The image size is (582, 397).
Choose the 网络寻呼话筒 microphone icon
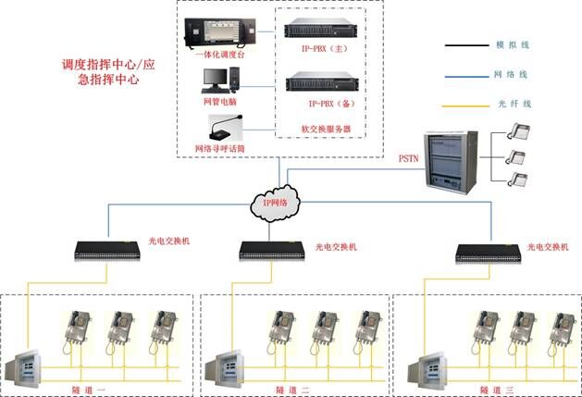[x=223, y=129]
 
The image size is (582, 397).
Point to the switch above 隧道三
[x=489, y=250]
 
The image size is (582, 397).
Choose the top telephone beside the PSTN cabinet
[x=520, y=131]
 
